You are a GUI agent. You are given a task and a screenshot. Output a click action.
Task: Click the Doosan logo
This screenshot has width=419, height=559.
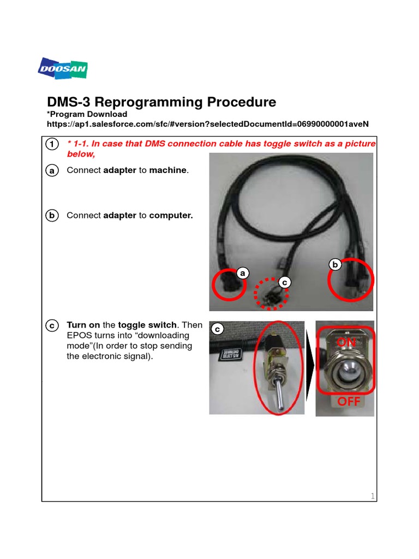63,68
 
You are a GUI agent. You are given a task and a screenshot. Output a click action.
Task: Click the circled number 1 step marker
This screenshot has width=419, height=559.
51,144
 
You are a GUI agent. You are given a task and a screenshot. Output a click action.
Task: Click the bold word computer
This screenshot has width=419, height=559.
171,215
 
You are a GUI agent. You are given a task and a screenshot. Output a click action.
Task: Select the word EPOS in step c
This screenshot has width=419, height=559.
79,335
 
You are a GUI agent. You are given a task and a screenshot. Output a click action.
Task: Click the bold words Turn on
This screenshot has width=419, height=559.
83,325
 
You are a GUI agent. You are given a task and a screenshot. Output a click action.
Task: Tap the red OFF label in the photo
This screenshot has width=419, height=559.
349,402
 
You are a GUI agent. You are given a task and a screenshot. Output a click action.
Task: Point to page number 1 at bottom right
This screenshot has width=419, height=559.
373,496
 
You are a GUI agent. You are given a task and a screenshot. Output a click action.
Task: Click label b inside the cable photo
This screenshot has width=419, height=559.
335,265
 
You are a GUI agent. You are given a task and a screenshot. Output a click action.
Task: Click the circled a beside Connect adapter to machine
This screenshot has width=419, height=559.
51,171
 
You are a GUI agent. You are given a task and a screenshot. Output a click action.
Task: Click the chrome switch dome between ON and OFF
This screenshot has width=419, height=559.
345,372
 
